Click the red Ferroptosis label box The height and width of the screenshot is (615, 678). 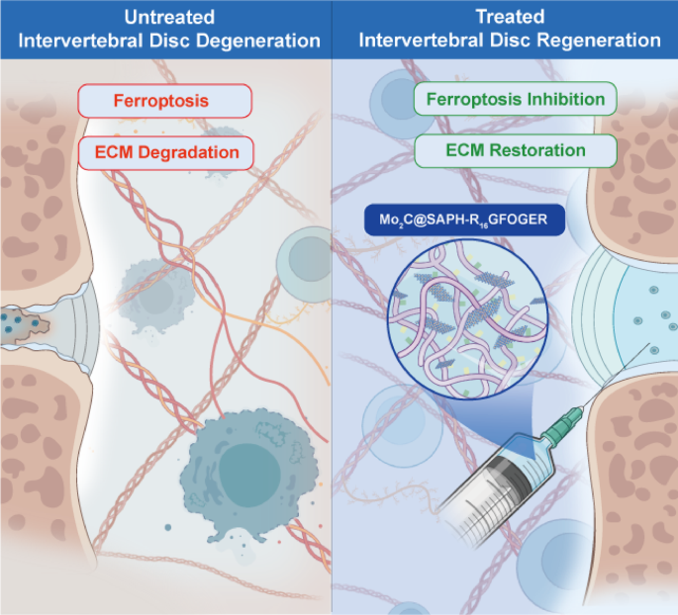(164, 101)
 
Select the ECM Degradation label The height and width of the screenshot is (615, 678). (164, 152)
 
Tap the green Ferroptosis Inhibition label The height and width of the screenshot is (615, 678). (515, 100)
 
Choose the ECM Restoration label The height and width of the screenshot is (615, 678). (515, 151)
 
